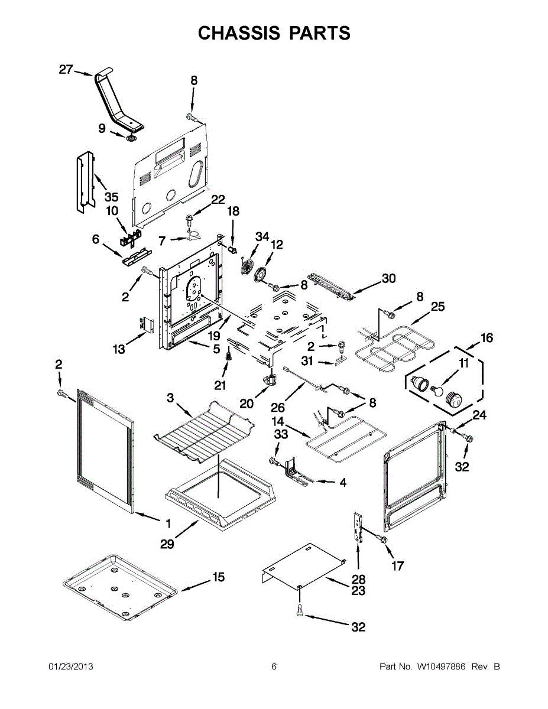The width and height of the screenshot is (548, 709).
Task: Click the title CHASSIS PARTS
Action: click(x=274, y=33)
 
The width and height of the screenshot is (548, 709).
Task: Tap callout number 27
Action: click(x=66, y=70)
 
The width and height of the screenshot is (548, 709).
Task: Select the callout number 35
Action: click(x=111, y=197)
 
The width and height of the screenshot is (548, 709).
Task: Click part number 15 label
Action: click(x=218, y=577)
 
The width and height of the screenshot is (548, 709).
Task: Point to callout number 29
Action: click(x=167, y=544)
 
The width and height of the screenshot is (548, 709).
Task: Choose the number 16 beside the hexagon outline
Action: click(x=486, y=338)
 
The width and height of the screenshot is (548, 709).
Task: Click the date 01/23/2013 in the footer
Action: click(x=70, y=667)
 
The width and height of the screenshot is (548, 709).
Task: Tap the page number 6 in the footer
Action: click(x=274, y=667)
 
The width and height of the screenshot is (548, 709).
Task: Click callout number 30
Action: click(x=388, y=279)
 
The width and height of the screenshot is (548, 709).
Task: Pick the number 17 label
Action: click(x=397, y=566)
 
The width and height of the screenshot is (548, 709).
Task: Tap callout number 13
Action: click(x=119, y=349)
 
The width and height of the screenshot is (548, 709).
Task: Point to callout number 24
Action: click(x=479, y=415)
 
